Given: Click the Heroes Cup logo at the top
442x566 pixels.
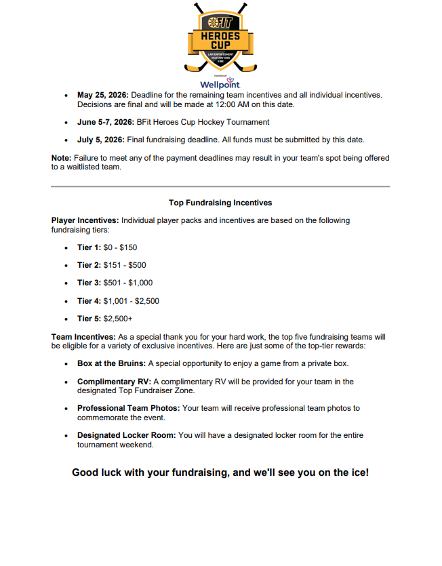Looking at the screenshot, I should pos(220,37).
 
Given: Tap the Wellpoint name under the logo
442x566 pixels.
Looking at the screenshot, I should pos(220,85).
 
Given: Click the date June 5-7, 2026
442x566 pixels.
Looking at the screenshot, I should pos(104,122).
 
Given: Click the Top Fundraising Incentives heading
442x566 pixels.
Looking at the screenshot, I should pos(220,202).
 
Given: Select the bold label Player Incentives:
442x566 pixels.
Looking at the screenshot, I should pos(85,220).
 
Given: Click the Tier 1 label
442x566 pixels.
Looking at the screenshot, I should pos(89,247).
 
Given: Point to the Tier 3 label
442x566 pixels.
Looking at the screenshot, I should pos(89,283).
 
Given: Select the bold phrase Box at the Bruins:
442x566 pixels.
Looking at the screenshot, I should pos(111,363).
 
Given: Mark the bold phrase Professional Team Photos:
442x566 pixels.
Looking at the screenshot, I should pos(129,408).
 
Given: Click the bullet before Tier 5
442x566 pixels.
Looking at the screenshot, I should pos(66,319).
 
